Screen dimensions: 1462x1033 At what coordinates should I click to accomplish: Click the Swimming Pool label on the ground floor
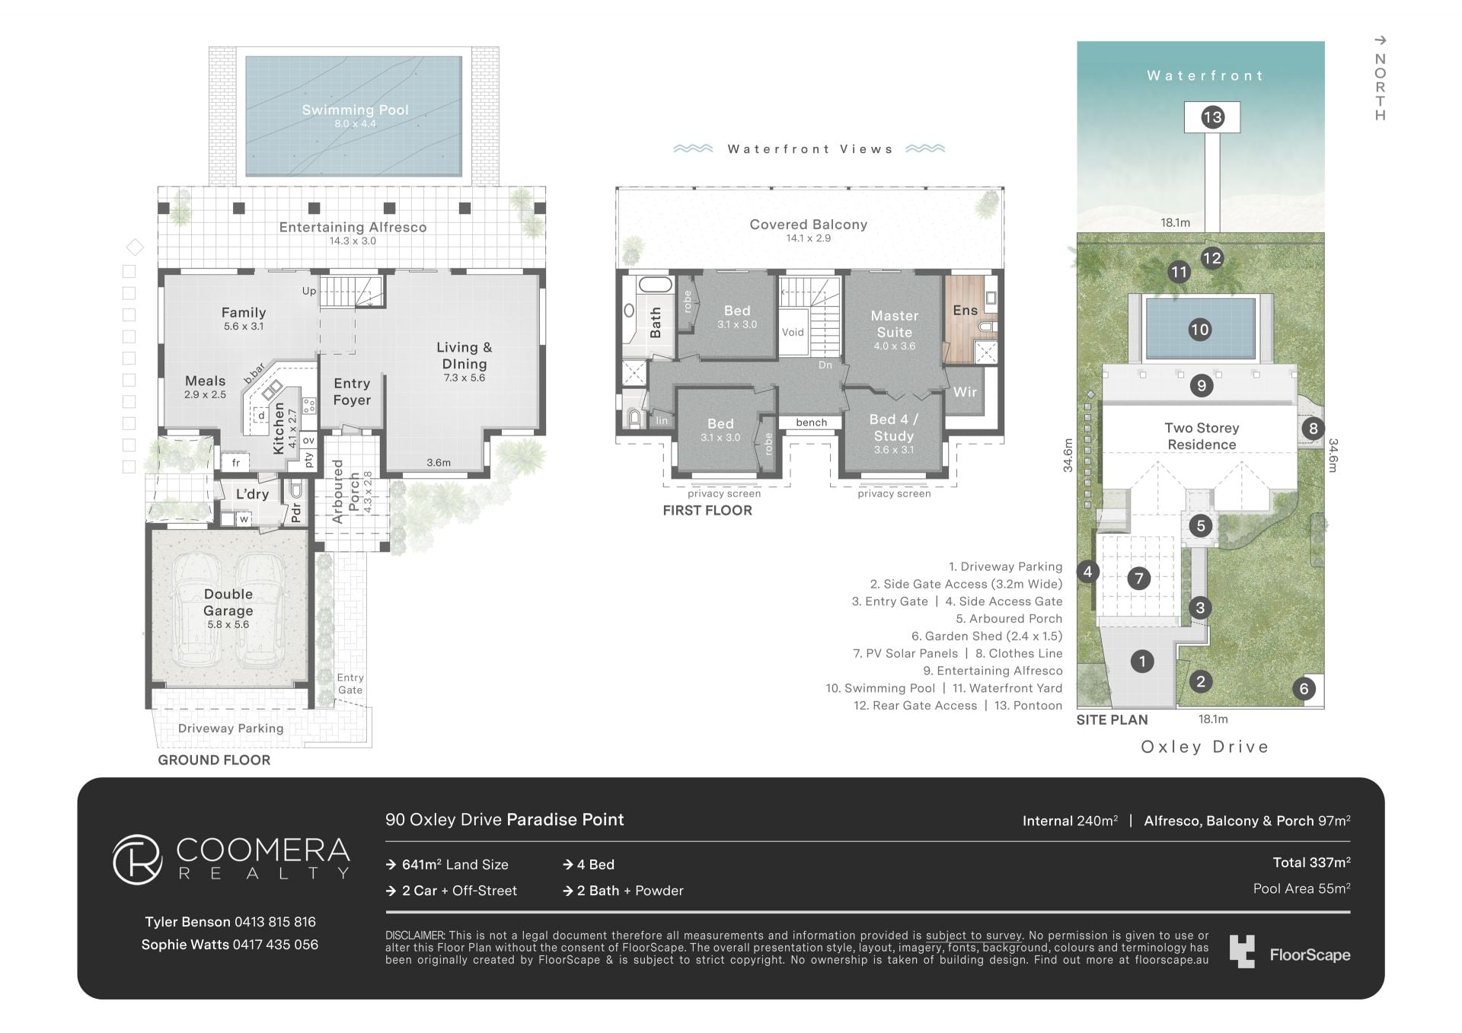pos(355,110)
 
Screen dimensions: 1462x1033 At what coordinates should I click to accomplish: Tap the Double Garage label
pos(228,602)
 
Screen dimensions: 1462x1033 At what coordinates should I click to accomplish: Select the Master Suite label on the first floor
pos(895,324)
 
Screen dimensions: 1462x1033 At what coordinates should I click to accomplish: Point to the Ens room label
pos(965,310)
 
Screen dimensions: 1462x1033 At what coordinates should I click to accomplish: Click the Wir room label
pos(965,392)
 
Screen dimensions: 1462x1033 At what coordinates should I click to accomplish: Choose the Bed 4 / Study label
pos(894,428)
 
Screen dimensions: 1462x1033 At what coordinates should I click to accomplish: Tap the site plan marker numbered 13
pos(1212,117)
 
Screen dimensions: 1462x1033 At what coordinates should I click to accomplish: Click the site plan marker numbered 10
pos(1199,330)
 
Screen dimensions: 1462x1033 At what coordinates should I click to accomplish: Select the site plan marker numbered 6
pos(1304,689)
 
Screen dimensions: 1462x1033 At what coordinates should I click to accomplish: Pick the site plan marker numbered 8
pos(1313,428)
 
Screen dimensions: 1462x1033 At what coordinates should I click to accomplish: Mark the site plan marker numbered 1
pos(1142,661)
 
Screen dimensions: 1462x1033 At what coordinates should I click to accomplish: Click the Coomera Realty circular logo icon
pos(138,859)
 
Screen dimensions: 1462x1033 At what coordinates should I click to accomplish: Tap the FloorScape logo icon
pos(1242,952)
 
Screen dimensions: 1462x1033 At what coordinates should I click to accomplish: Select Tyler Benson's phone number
pos(275,922)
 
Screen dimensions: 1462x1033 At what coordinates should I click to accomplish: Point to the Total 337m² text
pos(1311,862)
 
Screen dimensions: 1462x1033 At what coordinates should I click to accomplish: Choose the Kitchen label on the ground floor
pos(279,428)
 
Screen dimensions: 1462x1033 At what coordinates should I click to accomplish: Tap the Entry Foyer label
pos(352,391)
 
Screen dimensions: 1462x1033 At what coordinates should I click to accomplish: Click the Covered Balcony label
pos(809,225)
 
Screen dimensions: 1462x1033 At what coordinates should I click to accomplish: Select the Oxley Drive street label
pos(1205,747)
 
